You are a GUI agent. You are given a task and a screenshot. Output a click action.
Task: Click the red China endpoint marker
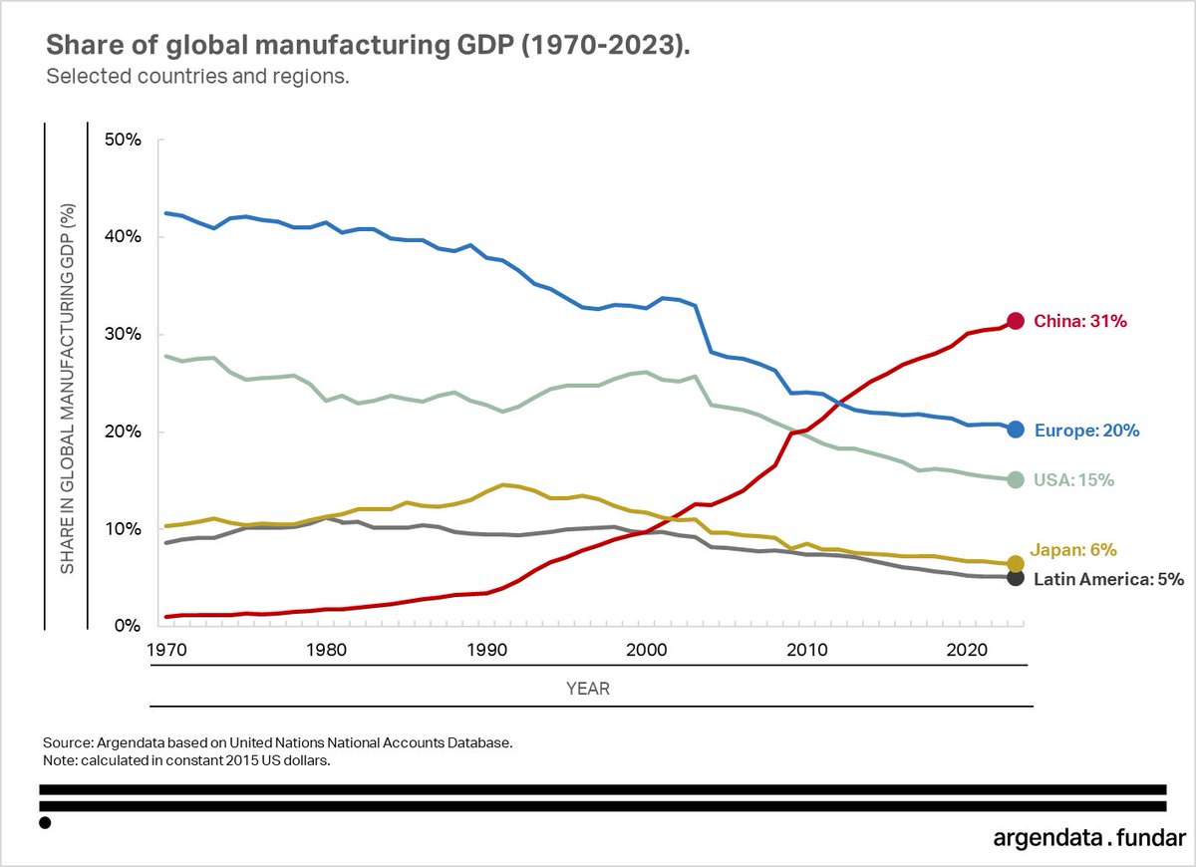point(1016,321)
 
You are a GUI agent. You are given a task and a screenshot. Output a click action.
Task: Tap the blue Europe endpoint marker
point(1016,430)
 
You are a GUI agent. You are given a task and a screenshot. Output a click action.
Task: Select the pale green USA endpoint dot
point(1016,479)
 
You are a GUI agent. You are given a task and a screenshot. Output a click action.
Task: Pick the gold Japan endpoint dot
point(1016,563)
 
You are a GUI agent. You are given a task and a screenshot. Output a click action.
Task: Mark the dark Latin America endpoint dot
point(1016,578)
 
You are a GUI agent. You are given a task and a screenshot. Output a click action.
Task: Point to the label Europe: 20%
point(1086,431)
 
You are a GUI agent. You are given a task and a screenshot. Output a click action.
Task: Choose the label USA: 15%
point(1074,480)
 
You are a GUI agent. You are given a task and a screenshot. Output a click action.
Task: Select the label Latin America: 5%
point(1108,579)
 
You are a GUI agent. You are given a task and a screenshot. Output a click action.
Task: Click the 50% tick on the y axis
point(123,140)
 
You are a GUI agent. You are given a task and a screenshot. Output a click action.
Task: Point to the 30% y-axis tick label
point(123,334)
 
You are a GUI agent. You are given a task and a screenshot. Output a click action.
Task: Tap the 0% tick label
point(127,626)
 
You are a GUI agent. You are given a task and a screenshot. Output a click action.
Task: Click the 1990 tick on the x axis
point(487,650)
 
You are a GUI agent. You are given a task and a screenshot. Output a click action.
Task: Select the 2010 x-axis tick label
point(805,650)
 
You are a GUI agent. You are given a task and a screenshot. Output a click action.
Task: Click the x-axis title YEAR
point(588,689)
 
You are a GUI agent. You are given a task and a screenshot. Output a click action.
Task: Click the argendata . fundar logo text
point(1089,837)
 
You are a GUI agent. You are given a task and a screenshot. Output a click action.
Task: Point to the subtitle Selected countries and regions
point(197,78)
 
